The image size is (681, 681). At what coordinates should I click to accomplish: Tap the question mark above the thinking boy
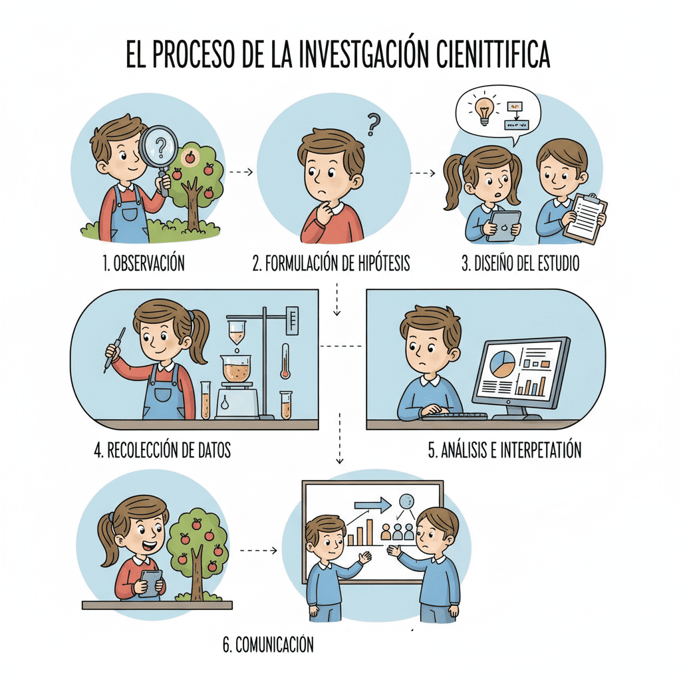(374, 124)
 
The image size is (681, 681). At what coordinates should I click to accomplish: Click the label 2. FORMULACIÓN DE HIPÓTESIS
(331, 263)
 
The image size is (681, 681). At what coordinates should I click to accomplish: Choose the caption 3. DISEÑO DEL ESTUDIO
(521, 263)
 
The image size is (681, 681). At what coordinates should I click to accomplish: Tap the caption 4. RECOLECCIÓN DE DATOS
(162, 450)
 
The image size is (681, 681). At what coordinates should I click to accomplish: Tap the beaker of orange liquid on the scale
(236, 369)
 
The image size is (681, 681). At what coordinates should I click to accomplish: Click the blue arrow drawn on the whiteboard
(373, 506)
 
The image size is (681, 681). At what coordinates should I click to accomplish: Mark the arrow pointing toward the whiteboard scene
(257, 551)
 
